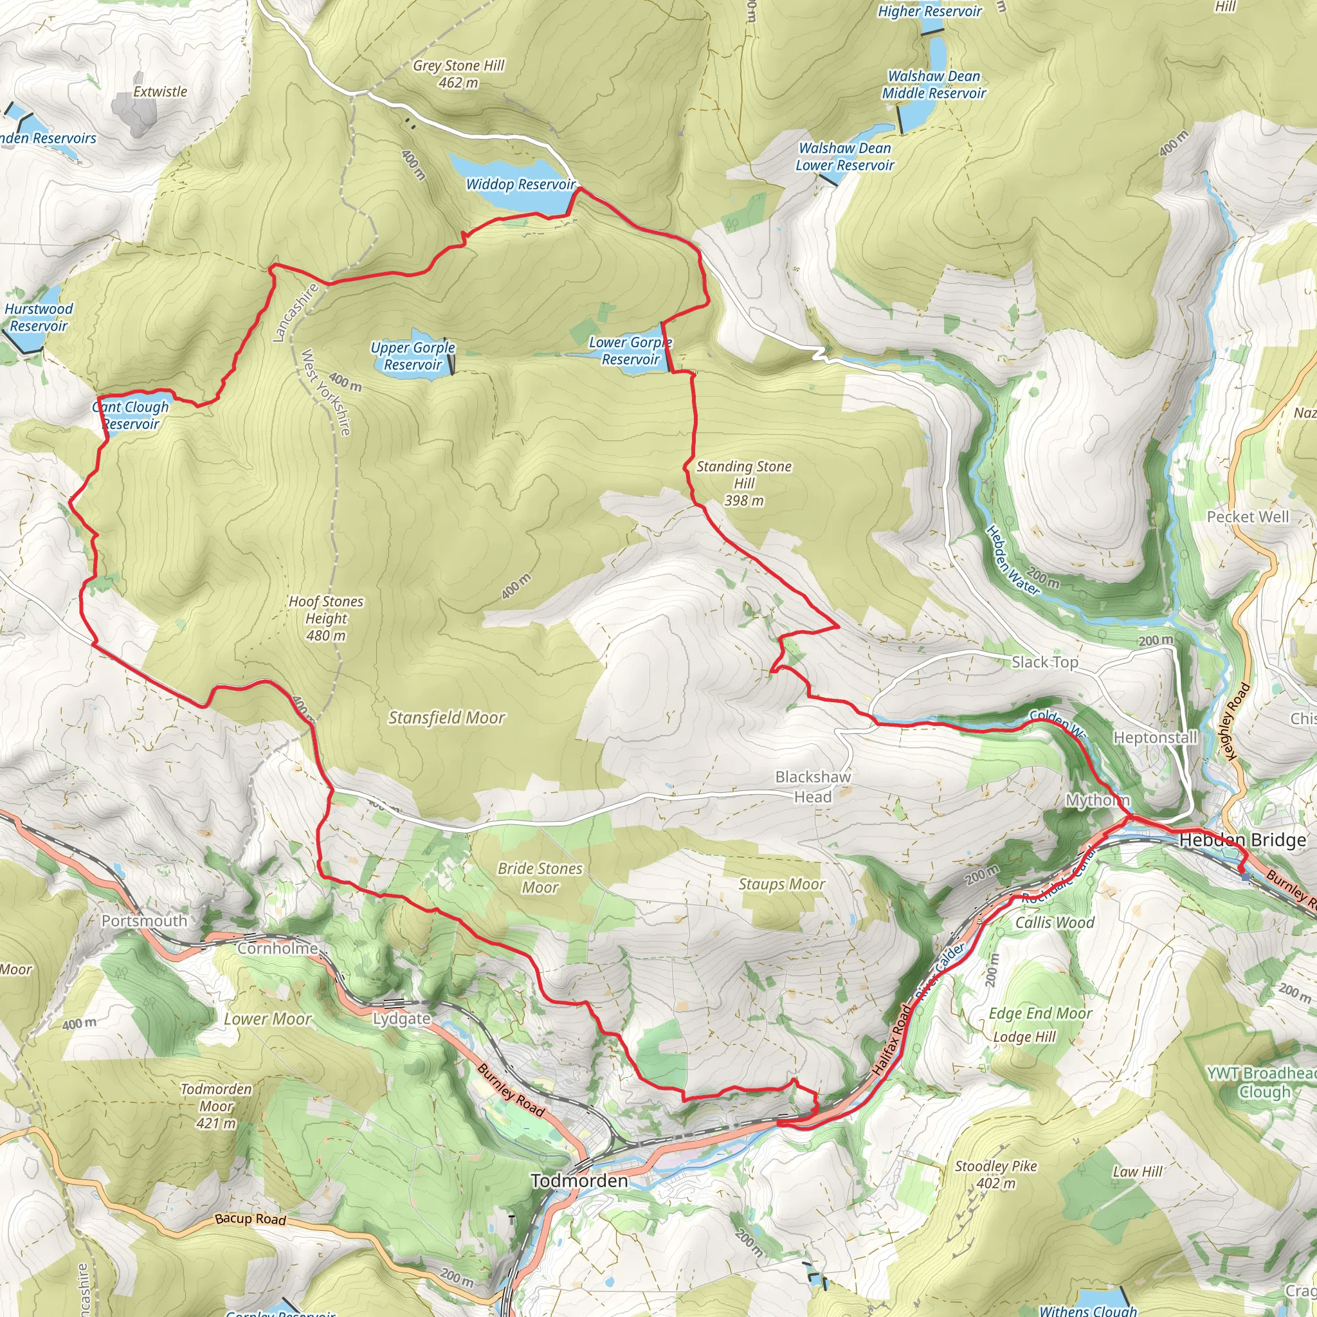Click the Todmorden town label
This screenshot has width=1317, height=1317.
click(579, 1180)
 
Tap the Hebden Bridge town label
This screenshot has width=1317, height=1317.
click(1242, 840)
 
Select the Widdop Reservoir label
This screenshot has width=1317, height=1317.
click(521, 184)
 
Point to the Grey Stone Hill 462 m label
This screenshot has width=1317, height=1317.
click(458, 73)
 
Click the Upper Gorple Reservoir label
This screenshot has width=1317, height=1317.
click(412, 356)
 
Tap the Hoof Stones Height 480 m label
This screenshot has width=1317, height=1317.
click(326, 618)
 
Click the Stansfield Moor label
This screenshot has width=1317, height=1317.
click(446, 717)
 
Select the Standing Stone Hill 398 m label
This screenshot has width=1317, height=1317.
click(744, 483)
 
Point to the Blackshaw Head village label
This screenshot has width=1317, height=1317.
click(813, 786)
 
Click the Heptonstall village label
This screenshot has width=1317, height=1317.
click(1155, 737)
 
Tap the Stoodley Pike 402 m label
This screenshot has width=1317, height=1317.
click(995, 1174)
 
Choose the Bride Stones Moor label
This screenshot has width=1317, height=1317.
click(540, 877)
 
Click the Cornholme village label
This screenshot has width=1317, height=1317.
click(278, 949)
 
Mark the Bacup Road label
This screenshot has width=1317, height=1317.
click(250, 1218)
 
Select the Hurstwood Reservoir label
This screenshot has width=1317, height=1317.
click(39, 317)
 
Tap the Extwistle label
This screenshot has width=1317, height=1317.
click(159, 91)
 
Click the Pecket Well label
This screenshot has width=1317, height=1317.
click(1248, 517)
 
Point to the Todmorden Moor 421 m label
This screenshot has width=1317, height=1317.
click(216, 1105)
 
